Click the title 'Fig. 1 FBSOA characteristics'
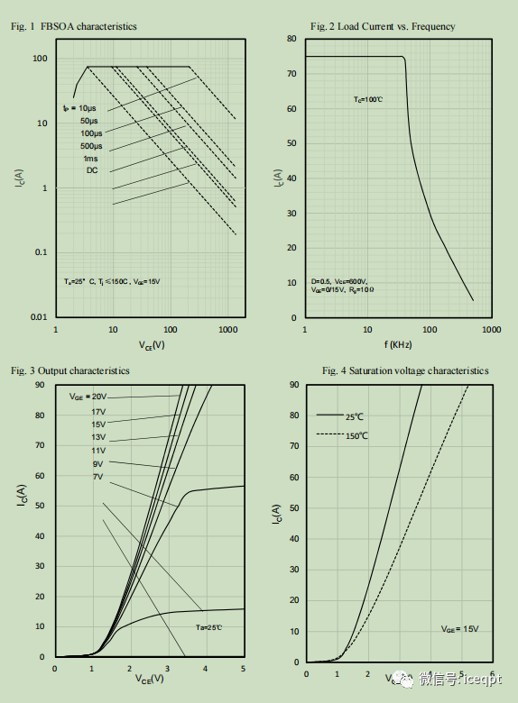[x=74, y=27]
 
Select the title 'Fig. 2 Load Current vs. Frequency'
[x=383, y=27]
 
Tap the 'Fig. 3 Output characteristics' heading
[x=70, y=370]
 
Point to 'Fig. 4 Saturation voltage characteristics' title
[x=405, y=370]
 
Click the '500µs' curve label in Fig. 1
[x=91, y=146]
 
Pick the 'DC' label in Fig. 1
[x=92, y=170]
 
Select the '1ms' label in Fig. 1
[x=91, y=158]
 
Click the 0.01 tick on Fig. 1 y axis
[x=39, y=317]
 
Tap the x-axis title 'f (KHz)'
[x=398, y=344]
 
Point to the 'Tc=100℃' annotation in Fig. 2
[x=368, y=98]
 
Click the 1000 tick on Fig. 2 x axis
[x=491, y=329]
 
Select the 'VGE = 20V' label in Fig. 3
[x=88, y=397]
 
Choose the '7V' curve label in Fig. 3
[x=97, y=476]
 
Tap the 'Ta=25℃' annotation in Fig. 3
[x=209, y=627]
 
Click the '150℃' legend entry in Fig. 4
[x=356, y=435]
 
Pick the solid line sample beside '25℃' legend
[x=327, y=416]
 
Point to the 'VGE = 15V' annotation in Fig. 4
[x=460, y=628]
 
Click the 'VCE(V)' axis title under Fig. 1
[x=152, y=344]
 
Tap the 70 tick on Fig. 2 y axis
[x=291, y=74]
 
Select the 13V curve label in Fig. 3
[x=98, y=437]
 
